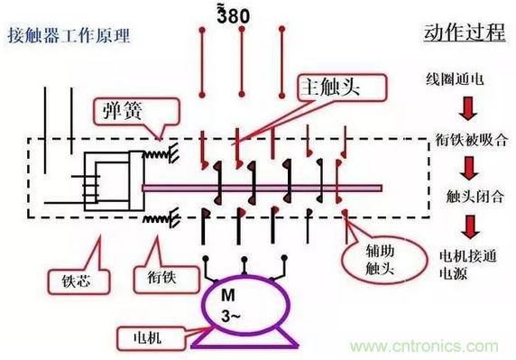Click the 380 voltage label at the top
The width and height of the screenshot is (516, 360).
[233, 15]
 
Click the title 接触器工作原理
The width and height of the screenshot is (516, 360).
[69, 35]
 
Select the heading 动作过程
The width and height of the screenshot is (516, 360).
[465, 32]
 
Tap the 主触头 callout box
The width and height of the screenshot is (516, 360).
[342, 88]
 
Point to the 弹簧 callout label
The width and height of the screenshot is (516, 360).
[136, 111]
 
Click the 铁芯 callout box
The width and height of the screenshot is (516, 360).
[79, 282]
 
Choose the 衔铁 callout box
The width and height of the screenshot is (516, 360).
[167, 280]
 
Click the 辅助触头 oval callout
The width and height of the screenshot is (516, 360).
[384, 260]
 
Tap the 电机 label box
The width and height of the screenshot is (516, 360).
[150, 338]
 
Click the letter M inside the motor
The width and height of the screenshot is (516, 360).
[228, 295]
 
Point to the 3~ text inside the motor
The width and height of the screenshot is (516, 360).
[230, 316]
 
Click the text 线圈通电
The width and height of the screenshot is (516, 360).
[455, 79]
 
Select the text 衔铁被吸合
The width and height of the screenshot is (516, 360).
[472, 140]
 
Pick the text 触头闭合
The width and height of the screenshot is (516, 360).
[475, 197]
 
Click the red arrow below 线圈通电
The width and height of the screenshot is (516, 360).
[468, 108]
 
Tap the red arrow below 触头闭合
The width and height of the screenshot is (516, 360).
[470, 227]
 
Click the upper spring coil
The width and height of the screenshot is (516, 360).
[161, 153]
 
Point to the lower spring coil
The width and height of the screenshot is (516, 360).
[161, 217]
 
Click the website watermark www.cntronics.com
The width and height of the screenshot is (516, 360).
[424, 346]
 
